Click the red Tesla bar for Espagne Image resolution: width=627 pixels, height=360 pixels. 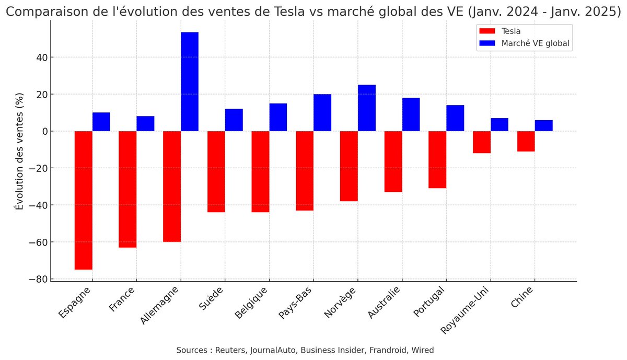[84, 200]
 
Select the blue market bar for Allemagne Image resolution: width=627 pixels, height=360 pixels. [190, 82]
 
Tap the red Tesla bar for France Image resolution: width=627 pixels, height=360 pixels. [127, 189]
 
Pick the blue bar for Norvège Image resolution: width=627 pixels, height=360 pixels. [367, 108]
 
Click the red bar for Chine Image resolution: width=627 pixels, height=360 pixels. [526, 142]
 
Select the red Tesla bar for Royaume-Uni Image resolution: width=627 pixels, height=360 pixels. [482, 142]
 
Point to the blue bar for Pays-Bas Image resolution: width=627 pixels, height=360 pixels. [322, 113]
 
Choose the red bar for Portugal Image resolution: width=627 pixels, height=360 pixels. [437, 159]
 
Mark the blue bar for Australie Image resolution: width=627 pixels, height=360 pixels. [411, 114]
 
